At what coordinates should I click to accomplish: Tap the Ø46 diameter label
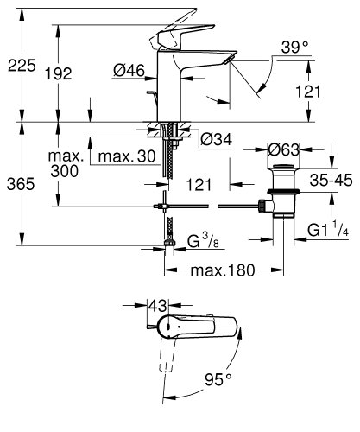tap(129, 71)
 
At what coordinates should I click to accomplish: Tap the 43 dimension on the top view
tap(155, 306)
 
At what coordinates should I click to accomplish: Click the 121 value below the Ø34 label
tap(196, 183)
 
